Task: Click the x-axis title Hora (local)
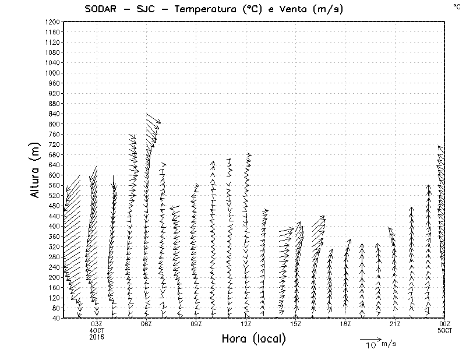[x=254, y=339]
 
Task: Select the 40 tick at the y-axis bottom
[x=56, y=318]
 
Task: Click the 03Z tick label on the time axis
[x=97, y=324]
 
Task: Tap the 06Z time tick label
[x=146, y=324]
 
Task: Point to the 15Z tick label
[x=296, y=324]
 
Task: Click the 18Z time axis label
[x=345, y=324]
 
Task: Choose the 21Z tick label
[x=395, y=324]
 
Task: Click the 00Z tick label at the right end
[x=445, y=324]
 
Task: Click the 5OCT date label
[x=445, y=330]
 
